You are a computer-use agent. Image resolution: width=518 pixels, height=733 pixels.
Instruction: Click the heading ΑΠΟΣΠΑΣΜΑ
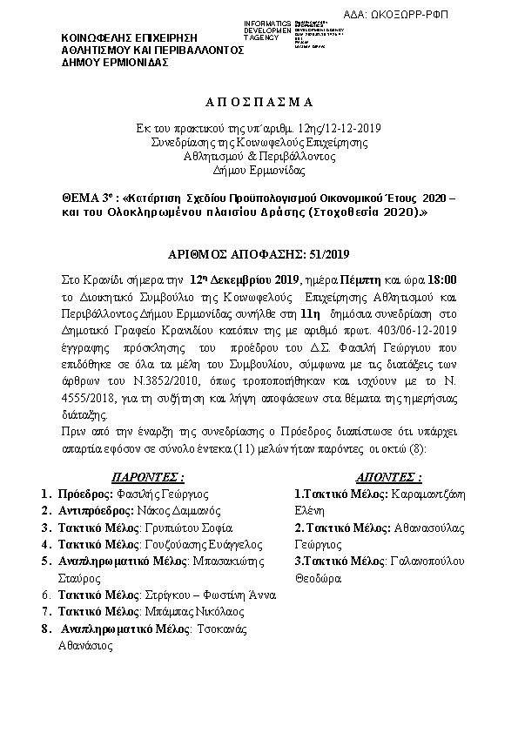[259, 102]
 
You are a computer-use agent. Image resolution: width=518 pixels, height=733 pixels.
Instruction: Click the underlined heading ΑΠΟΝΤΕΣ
[388, 478]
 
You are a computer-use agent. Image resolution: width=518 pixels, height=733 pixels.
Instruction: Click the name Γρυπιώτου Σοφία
[189, 528]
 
